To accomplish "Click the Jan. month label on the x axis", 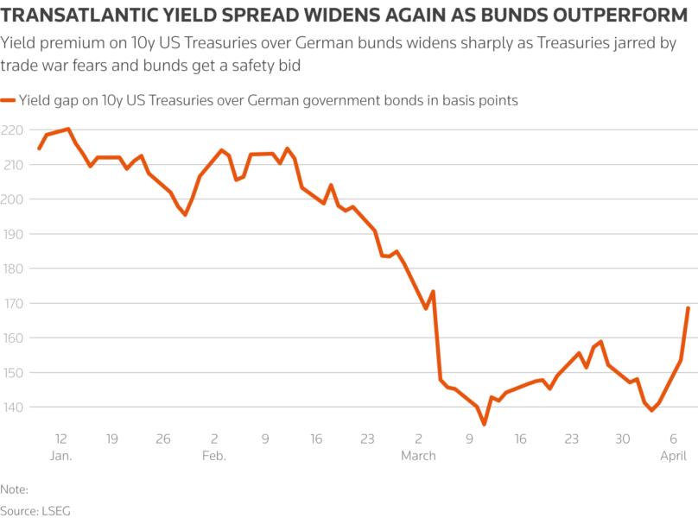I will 61,455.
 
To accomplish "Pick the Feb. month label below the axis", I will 213,455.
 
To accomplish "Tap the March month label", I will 418,455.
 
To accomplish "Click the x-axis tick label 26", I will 162,439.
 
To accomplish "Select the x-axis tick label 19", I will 111,439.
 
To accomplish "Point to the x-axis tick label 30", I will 623,439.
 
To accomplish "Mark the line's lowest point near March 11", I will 485,424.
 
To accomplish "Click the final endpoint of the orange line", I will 688,308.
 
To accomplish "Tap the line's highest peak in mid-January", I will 68,129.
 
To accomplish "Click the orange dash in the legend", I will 8,101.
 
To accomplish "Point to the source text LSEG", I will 57,509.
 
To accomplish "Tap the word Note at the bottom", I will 13,489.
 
